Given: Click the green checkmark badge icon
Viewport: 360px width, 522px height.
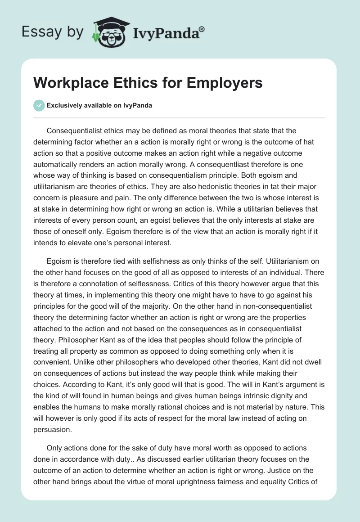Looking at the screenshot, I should click(x=39, y=105).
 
